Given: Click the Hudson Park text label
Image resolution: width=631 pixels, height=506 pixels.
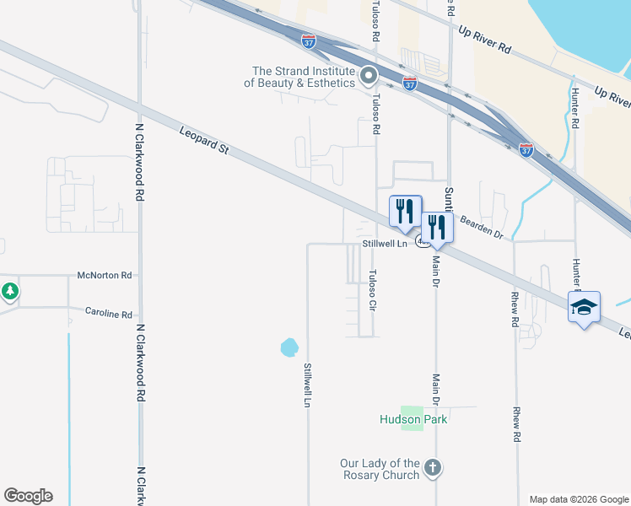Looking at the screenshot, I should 413,419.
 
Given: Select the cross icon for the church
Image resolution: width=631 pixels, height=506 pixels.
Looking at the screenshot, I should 432,467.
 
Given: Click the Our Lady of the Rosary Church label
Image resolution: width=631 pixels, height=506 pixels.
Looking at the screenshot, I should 380,469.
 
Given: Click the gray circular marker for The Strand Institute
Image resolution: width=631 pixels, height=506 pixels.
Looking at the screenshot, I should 369,78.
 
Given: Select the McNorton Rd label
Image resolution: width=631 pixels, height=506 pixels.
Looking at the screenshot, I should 105,275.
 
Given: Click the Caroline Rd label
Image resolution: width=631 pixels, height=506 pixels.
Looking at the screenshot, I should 109,313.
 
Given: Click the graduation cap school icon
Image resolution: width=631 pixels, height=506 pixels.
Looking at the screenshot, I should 584,308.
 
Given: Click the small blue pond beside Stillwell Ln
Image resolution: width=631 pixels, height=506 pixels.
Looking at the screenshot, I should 289,347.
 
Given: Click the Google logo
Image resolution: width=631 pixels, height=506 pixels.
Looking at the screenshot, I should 28,496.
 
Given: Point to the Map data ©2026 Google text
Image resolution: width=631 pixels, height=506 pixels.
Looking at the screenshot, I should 580,499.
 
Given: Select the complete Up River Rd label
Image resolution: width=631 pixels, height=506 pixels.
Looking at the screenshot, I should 484,39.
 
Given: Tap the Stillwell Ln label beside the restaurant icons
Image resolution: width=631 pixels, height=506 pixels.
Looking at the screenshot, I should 385,243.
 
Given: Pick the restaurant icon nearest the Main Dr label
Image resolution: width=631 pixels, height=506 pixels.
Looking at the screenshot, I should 437,228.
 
